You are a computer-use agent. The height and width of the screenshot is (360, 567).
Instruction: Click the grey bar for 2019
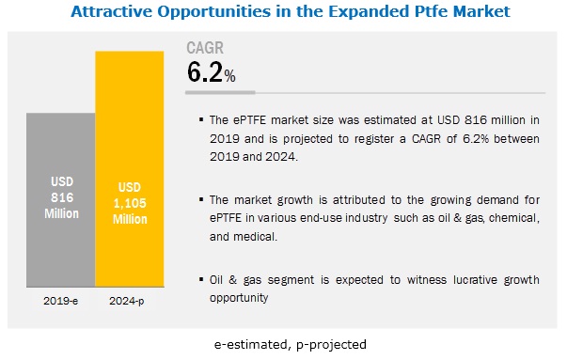(x=61, y=200)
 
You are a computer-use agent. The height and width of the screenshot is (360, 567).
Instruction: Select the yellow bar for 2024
(x=130, y=169)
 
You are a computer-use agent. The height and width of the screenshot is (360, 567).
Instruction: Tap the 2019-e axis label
(x=61, y=301)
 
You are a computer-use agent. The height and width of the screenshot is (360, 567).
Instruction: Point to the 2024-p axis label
(x=127, y=301)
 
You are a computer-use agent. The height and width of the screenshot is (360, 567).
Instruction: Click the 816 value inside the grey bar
(x=62, y=197)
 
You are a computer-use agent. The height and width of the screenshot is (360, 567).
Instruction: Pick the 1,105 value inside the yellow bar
(x=130, y=203)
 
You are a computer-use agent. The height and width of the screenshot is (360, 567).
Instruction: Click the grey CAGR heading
(x=205, y=48)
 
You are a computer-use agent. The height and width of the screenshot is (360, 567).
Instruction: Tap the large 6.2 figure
(x=205, y=72)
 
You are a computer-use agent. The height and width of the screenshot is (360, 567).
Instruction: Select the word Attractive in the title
(x=112, y=11)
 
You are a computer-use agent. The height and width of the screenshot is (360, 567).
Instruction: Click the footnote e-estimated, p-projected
(x=290, y=344)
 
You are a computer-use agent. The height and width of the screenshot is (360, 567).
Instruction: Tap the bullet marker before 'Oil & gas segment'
(x=201, y=279)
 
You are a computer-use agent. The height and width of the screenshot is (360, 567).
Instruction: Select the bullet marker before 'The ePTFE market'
(x=201, y=119)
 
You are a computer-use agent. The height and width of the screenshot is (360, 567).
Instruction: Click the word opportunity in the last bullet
(x=239, y=298)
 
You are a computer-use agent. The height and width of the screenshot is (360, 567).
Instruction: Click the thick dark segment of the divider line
(x=220, y=92)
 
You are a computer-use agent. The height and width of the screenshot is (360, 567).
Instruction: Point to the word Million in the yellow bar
(x=130, y=219)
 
